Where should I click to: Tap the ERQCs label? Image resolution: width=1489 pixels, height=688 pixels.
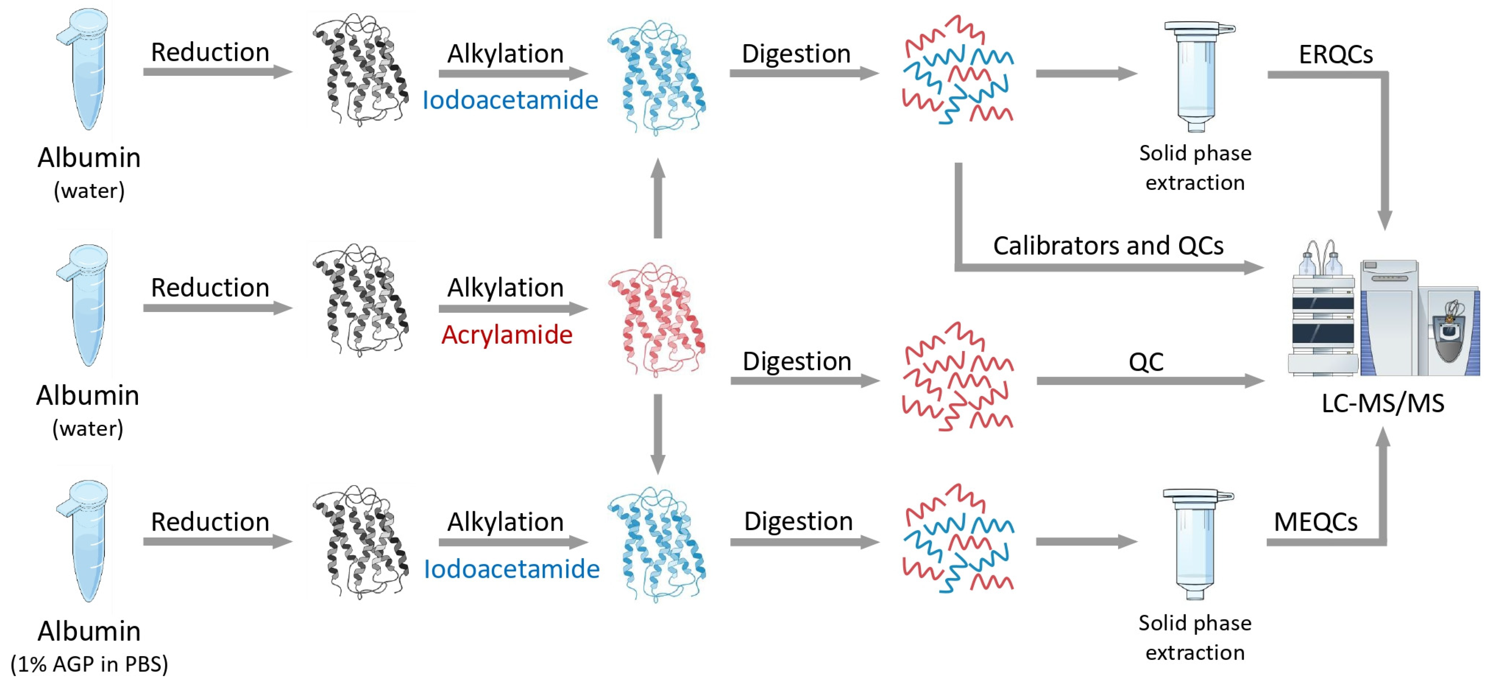(1335, 54)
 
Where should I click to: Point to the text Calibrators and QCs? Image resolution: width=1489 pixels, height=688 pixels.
(1108, 246)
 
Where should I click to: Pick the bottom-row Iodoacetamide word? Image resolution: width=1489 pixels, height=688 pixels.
(512, 569)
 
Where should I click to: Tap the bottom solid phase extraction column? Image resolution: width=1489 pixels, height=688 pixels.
(1195, 543)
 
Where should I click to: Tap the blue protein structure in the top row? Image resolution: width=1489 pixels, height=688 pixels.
(657, 78)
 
